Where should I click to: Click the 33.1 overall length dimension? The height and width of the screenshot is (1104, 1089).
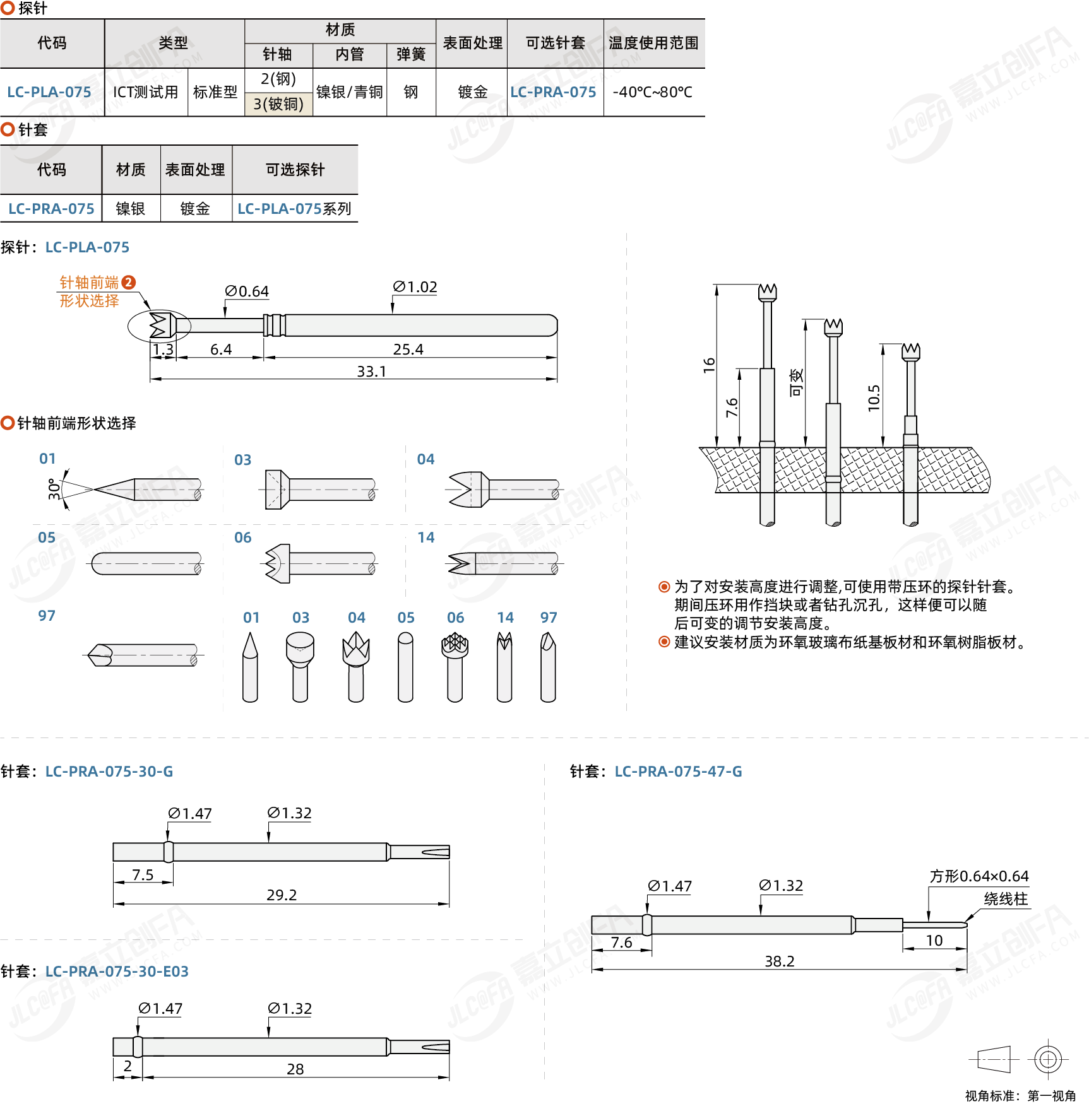371,372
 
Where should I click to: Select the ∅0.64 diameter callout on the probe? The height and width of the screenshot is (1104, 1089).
247,291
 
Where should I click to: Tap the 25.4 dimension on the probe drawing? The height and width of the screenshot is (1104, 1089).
408,349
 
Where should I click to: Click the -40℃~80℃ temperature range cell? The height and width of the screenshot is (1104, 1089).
653,92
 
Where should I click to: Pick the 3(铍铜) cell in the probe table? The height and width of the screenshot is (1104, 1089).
278,104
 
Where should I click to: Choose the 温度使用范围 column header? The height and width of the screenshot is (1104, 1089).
653,43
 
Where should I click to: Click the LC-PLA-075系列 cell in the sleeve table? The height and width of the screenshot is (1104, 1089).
294,209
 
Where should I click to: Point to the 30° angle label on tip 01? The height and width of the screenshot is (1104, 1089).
54,489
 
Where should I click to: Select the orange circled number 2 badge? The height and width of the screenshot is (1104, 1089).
128,282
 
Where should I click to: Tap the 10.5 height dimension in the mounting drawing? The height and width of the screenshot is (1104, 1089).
874,398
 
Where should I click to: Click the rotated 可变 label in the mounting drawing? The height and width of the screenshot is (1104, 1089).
796,383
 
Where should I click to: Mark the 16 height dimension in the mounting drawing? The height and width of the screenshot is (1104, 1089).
709,365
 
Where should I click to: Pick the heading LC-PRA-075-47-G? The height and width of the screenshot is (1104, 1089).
678,772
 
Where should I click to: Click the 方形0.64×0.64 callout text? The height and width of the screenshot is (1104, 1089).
979,876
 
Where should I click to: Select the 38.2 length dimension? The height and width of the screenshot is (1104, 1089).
780,961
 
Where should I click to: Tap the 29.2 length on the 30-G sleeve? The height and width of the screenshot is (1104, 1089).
282,895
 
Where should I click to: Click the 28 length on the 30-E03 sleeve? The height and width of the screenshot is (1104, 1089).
295,1069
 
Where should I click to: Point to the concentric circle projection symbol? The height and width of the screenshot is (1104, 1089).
1048,1059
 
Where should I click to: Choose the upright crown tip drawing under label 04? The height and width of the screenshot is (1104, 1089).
356,667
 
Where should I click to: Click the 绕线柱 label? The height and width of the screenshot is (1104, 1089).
1006,899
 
